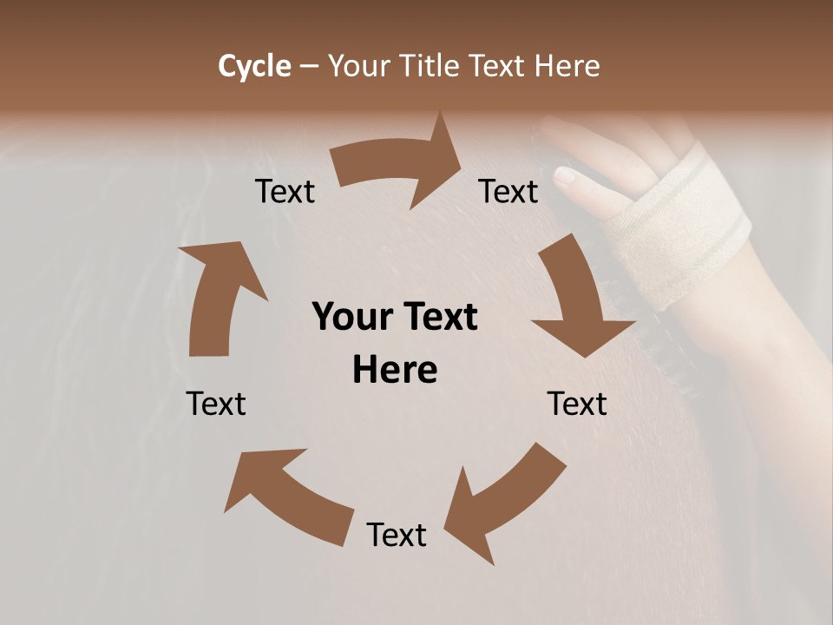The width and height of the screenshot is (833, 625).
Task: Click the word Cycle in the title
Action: point(254,66)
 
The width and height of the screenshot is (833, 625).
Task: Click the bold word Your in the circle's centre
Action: point(354,318)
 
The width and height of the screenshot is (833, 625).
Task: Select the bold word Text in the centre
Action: point(440,318)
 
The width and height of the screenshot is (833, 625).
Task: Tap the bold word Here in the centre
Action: point(395,371)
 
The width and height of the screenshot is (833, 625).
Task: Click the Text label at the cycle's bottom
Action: point(397,535)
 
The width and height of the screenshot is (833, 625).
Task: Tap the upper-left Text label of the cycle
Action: point(285,191)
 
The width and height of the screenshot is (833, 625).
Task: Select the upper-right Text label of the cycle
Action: point(508,191)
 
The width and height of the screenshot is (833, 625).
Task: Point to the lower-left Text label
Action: point(216,404)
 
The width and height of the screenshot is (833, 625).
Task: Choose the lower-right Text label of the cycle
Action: point(577,404)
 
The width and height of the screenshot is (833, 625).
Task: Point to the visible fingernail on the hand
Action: point(565,178)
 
